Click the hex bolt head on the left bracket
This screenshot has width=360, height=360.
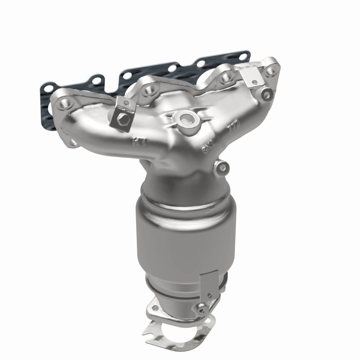coord(123,119)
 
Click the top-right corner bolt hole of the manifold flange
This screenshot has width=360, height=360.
coord(270,70)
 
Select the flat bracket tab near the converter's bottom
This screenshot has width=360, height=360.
coord(208,283)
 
